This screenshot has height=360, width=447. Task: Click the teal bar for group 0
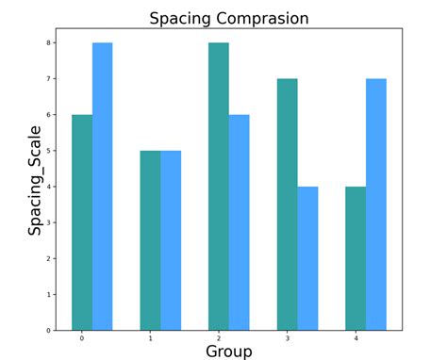(82, 222)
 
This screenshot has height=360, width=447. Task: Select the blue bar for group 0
(102, 187)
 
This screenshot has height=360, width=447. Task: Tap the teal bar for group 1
(150, 240)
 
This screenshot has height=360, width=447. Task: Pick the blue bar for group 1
(171, 240)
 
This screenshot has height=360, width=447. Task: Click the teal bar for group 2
(219, 187)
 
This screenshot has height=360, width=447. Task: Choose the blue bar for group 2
(239, 222)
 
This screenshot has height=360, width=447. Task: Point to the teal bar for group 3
(287, 205)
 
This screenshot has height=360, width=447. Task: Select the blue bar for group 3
(307, 258)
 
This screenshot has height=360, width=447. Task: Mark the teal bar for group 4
(356, 258)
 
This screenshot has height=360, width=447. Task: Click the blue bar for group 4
(375, 205)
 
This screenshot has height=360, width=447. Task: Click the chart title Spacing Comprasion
(228, 18)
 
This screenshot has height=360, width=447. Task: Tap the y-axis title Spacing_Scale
(35, 180)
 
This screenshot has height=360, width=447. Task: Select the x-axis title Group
(228, 351)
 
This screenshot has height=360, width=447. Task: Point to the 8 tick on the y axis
(50, 43)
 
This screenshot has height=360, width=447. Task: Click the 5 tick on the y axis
(50, 151)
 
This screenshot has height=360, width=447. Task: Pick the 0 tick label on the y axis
(50, 331)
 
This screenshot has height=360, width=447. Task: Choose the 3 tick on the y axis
(50, 222)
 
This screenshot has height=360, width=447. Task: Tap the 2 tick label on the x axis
(219, 337)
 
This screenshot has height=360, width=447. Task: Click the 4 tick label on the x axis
(356, 337)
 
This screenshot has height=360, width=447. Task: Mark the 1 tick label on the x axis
(150, 337)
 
